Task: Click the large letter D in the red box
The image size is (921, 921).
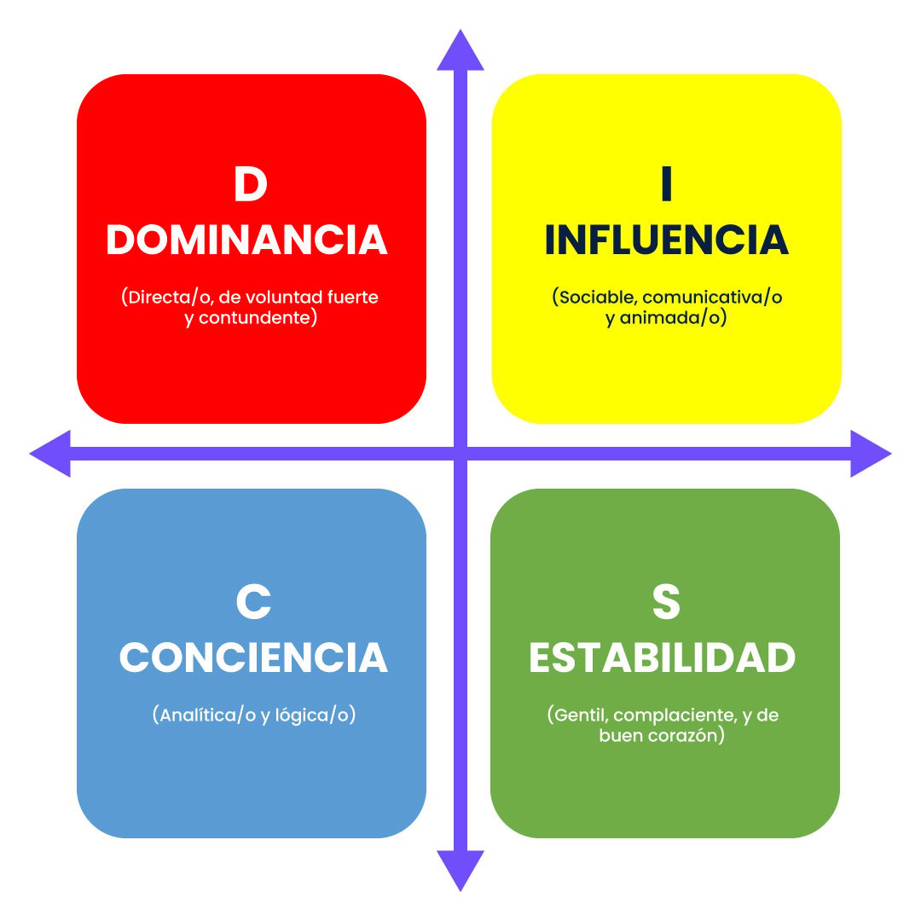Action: (251, 184)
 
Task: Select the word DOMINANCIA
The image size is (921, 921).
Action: (246, 240)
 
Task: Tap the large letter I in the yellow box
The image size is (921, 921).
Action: (666, 184)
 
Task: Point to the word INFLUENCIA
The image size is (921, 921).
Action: (666, 240)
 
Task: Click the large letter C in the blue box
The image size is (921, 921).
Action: (253, 601)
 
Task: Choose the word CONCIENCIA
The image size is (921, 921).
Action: (253, 657)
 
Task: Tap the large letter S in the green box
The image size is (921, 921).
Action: (666, 601)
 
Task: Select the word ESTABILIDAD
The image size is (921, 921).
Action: (662, 657)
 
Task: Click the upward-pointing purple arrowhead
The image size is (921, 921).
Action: (460, 50)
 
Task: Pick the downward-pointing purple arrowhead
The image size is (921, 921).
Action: (460, 871)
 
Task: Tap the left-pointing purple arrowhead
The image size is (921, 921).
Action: (50, 454)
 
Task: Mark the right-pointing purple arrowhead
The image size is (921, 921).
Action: (871, 454)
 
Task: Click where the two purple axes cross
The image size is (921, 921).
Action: (460, 454)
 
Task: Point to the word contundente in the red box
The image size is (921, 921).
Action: (254, 318)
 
